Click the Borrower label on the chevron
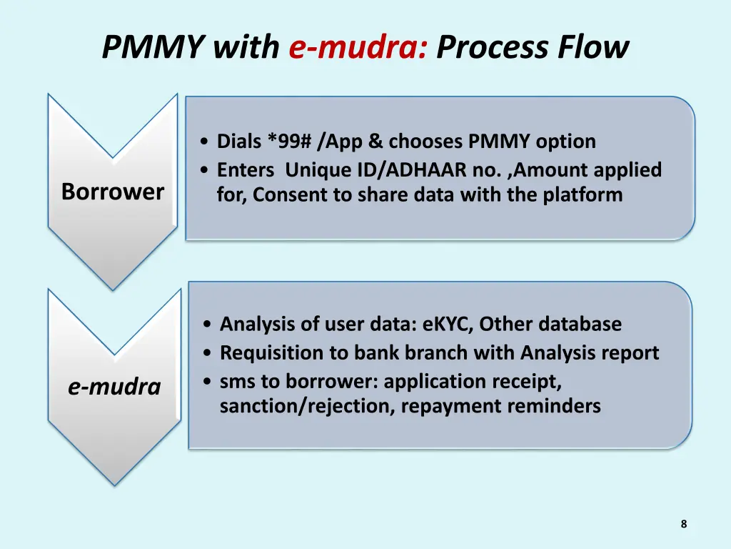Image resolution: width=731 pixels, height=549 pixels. tap(113, 192)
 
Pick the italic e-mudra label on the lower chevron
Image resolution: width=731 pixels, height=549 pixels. tap(114, 387)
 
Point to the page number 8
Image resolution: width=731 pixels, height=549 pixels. tap(683, 524)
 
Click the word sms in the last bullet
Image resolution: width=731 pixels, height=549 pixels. tap(236, 382)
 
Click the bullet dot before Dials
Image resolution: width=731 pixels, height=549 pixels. tap(206, 142)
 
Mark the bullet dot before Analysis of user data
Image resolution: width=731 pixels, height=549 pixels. tap(207, 325)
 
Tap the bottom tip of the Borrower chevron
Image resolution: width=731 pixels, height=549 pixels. tap(113, 289)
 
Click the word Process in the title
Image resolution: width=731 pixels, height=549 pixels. tap(486, 48)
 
